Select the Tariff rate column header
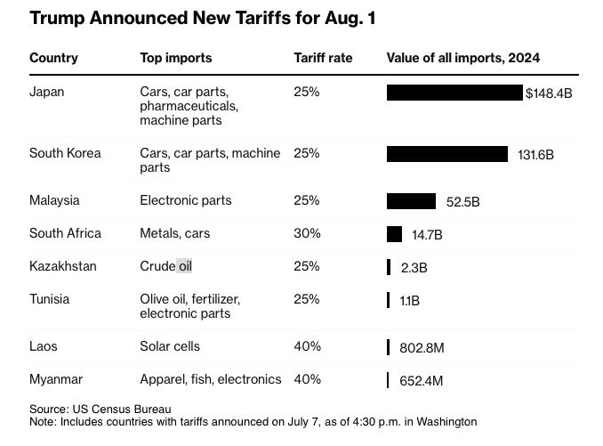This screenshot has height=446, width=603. [x=323, y=58]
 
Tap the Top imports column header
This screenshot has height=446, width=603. [x=176, y=58]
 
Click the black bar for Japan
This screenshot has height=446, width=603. [x=454, y=93]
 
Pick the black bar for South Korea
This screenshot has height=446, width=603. [x=446, y=154]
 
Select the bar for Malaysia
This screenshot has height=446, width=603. [x=411, y=201]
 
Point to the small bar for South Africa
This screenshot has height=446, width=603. [x=394, y=234]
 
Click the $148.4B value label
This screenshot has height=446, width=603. [x=549, y=93]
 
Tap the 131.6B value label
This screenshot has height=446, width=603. [x=535, y=154]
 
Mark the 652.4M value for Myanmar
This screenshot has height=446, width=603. [x=422, y=381]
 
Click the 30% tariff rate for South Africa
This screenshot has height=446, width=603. [x=307, y=233]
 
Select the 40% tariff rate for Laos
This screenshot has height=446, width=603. [x=307, y=346]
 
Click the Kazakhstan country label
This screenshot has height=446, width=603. [x=63, y=266]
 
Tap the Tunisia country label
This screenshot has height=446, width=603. [x=50, y=299]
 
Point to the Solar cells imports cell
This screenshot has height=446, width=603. [x=170, y=346]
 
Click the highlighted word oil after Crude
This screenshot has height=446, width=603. [x=184, y=266]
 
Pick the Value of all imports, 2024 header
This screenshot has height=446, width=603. [x=463, y=58]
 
